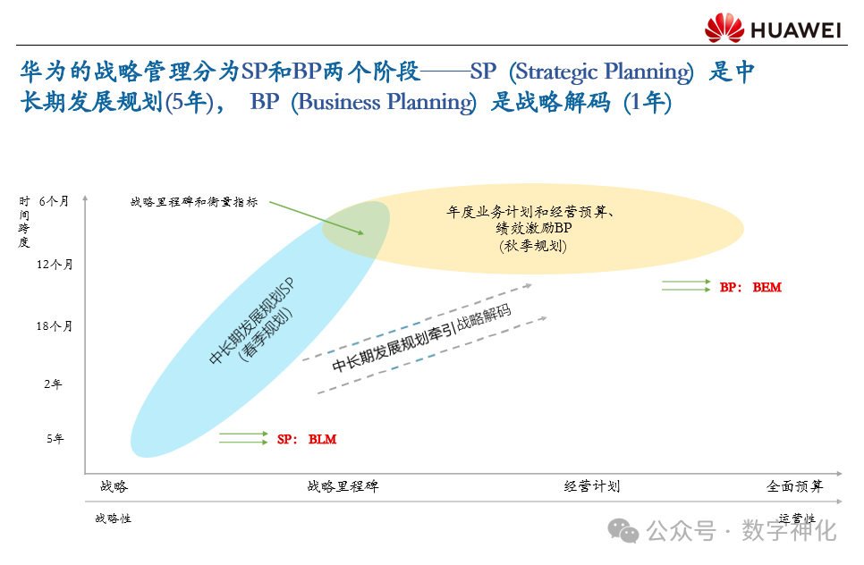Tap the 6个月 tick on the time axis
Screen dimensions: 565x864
tap(54, 202)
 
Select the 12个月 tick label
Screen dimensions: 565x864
tap(55, 265)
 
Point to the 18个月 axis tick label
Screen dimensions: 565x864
tap(55, 326)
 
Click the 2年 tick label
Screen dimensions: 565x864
tap(54, 384)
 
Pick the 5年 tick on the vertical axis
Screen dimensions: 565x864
tap(55, 439)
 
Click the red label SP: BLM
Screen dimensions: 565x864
tap(307, 439)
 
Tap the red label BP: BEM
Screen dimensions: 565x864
tap(750, 288)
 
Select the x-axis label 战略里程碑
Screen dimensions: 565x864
tap(343, 486)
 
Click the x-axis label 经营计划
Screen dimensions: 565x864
tap(592, 486)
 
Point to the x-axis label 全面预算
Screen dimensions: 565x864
tap(794, 486)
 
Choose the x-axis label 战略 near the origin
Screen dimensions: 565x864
tap(114, 486)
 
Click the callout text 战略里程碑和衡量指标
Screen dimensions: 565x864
tap(194, 202)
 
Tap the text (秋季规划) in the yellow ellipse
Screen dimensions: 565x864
tap(533, 246)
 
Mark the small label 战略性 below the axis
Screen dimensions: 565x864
tap(113, 519)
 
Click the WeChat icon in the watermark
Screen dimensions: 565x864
tap(623, 530)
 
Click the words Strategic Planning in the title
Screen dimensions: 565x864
tap(601, 72)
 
